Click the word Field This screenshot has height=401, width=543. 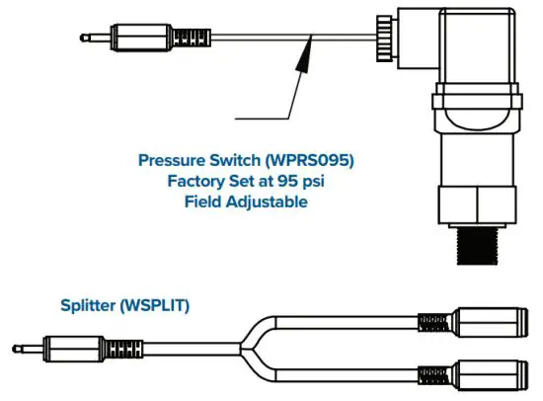(x=205, y=201)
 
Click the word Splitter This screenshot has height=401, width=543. (x=86, y=307)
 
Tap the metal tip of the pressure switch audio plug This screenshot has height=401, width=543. (x=92, y=40)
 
